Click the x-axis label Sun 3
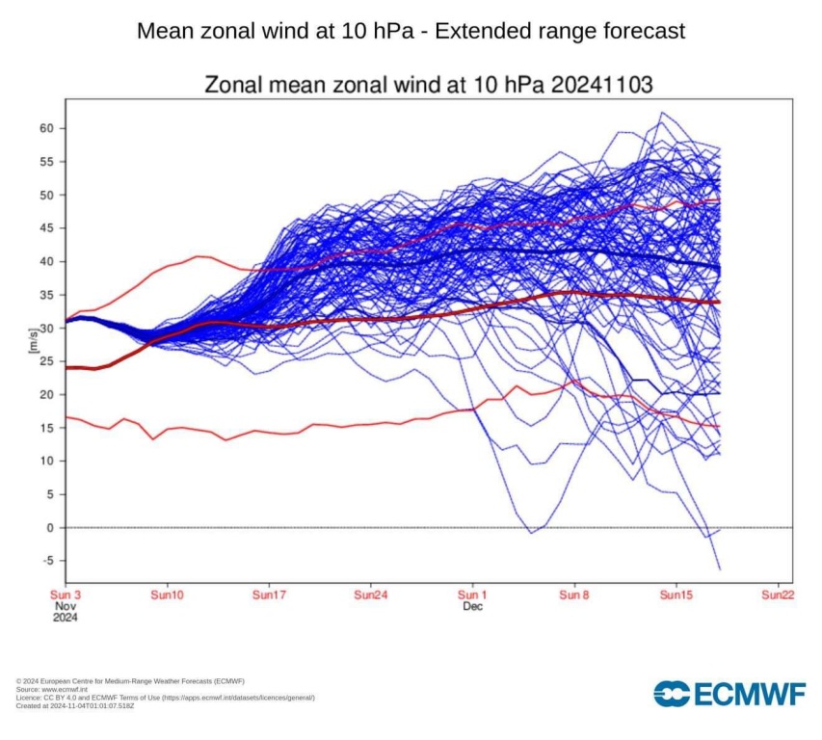point(66,595)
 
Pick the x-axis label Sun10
point(168,595)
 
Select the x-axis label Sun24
point(371,595)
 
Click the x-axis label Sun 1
point(472,595)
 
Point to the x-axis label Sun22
point(778,595)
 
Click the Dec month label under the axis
point(472,607)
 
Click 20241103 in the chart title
point(603,85)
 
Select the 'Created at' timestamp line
point(76,705)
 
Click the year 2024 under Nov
point(65,618)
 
